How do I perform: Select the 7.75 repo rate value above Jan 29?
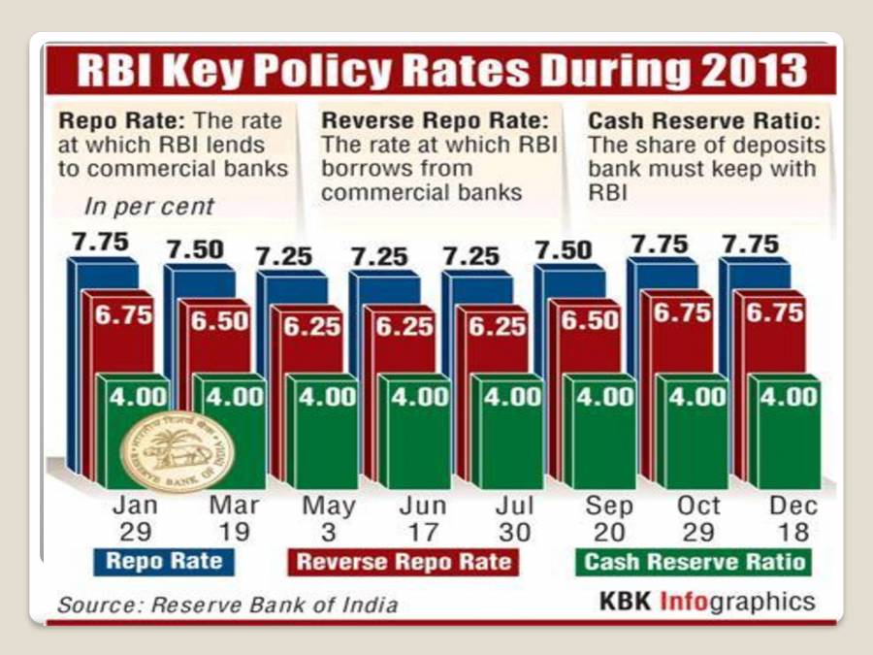[x=101, y=243]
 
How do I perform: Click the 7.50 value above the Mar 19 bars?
[x=195, y=249]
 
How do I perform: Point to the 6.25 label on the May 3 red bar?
[x=312, y=326]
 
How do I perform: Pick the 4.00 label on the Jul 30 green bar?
[x=514, y=396]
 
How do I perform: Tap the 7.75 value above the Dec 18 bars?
[x=749, y=243]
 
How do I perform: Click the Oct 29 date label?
[x=698, y=518]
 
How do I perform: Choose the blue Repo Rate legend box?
[x=164, y=561]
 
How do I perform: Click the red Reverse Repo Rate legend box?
[x=403, y=562]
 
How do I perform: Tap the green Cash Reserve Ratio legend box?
[x=695, y=562]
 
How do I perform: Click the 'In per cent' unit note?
[x=148, y=206]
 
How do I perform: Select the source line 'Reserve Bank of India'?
[x=227, y=605]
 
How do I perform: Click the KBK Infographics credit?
[x=707, y=602]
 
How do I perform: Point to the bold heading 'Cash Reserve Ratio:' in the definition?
[x=705, y=121]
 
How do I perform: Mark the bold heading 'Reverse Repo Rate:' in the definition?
[x=435, y=121]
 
